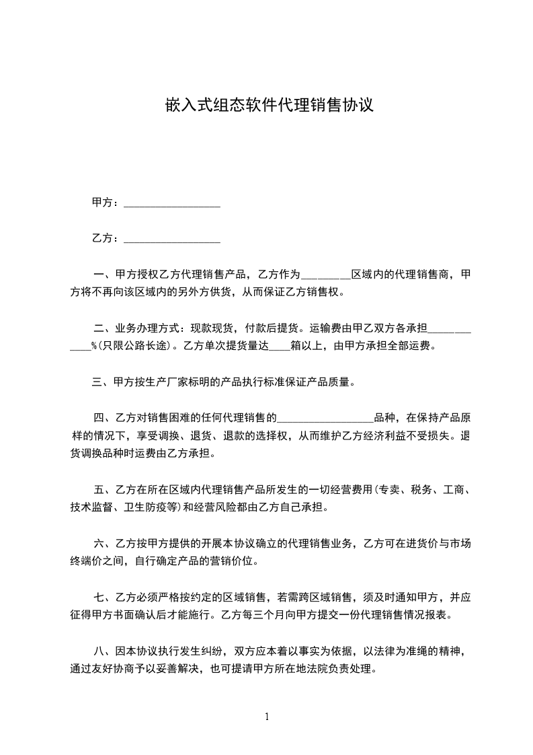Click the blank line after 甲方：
pyautogui.click(x=173, y=203)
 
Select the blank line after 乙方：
pyautogui.click(x=173, y=239)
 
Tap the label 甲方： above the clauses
pyautogui.click(x=106, y=203)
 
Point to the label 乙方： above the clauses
pyautogui.click(x=106, y=238)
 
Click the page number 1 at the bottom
pyautogui.click(x=267, y=716)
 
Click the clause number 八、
pyautogui.click(x=105, y=652)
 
